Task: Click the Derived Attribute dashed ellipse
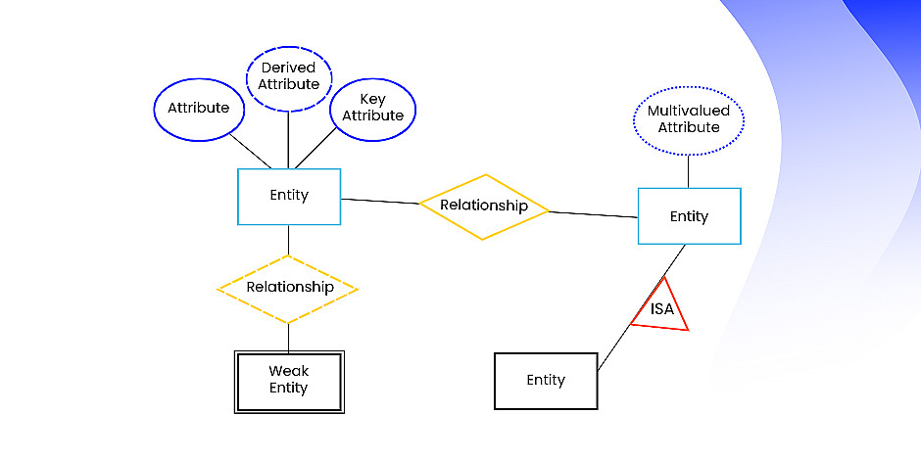click(289, 76)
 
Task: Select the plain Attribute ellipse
click(199, 107)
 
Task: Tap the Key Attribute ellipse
click(372, 108)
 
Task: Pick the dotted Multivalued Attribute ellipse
click(689, 119)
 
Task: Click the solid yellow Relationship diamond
click(483, 206)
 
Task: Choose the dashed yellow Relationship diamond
click(288, 288)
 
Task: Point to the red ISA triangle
click(660, 307)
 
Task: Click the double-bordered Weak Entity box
click(288, 381)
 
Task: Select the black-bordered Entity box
click(546, 380)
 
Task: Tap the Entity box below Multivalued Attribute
click(689, 215)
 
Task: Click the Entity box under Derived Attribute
click(289, 196)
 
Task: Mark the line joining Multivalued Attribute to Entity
click(689, 170)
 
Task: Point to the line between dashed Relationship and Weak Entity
click(288, 339)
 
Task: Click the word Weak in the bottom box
click(288, 371)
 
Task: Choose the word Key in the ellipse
click(372, 99)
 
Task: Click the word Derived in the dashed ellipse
click(289, 68)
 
